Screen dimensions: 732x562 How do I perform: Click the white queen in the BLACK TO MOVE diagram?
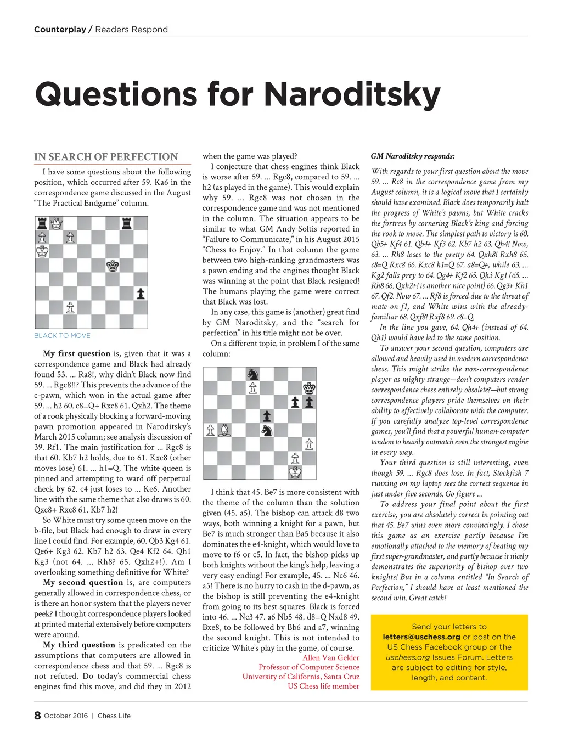click(x=56, y=223)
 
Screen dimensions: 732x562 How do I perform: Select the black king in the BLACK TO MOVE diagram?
click(x=113, y=266)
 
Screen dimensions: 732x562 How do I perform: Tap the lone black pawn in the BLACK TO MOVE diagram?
click(x=141, y=293)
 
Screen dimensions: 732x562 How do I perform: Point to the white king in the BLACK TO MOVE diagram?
click(x=42, y=252)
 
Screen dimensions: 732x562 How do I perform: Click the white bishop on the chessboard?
click(x=224, y=430)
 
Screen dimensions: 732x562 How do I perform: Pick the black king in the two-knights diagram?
click(x=310, y=388)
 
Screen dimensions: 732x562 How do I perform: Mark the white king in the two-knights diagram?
click(x=295, y=472)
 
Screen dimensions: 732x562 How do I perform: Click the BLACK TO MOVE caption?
click(x=62, y=335)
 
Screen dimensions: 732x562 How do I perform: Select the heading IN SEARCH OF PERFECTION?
click(x=106, y=157)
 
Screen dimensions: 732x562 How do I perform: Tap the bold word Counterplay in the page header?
click(x=60, y=30)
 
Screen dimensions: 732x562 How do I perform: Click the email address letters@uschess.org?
click(x=421, y=637)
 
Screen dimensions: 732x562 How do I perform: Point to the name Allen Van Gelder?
click(x=331, y=658)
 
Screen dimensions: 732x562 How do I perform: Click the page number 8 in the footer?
click(x=37, y=716)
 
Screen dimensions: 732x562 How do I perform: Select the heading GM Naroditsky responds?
click(x=413, y=156)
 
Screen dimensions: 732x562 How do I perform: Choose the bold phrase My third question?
click(x=79, y=645)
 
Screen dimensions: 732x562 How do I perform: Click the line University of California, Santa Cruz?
click(x=301, y=677)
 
